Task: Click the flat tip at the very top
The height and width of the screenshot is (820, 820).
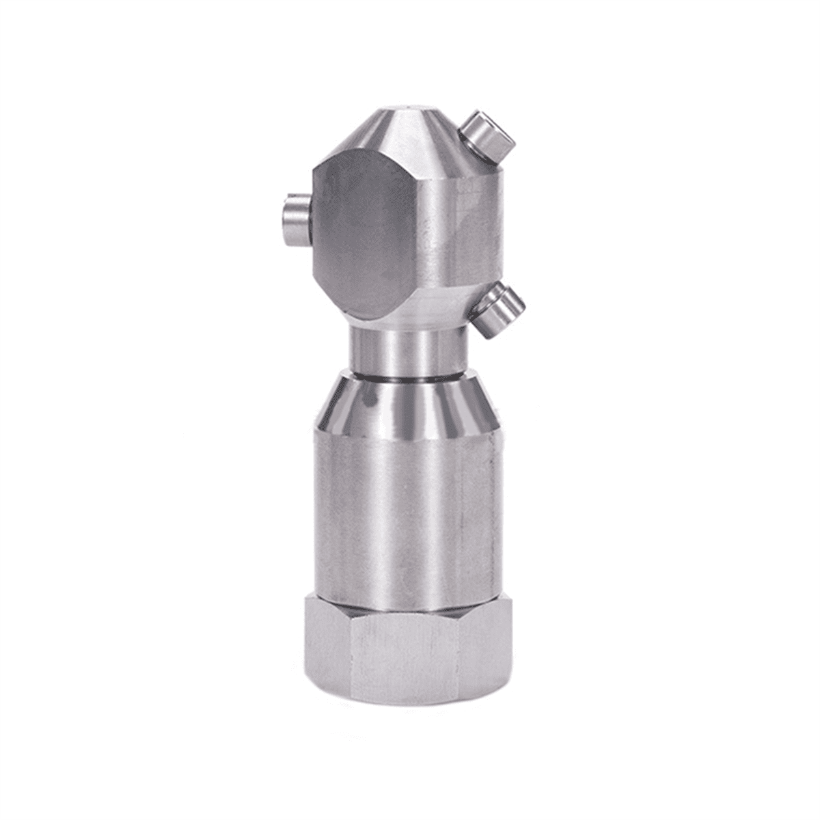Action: point(410,109)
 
